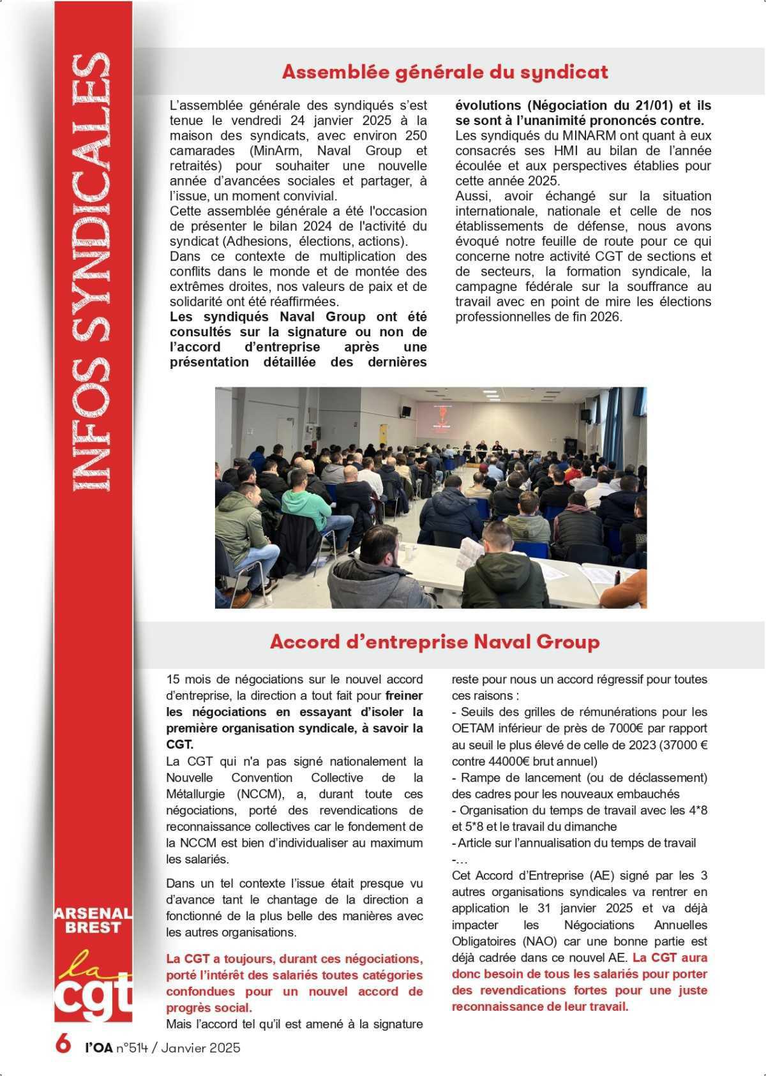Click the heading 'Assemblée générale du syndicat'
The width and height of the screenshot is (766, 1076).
[444, 72]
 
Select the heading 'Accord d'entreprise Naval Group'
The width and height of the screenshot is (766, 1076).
[434, 641]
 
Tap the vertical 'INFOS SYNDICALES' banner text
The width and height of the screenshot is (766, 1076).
[92, 271]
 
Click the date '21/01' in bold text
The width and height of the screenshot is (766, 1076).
[638, 105]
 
